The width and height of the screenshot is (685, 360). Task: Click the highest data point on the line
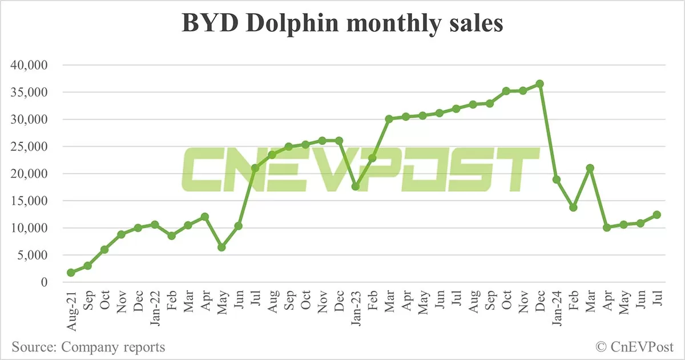click(x=539, y=84)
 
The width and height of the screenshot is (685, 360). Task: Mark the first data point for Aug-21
click(x=71, y=273)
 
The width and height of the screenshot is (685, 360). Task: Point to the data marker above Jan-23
click(x=355, y=187)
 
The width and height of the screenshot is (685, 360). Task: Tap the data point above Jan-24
click(x=557, y=180)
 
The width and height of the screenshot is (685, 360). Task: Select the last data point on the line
click(x=657, y=215)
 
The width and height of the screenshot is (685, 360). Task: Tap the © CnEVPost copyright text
click(x=635, y=346)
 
